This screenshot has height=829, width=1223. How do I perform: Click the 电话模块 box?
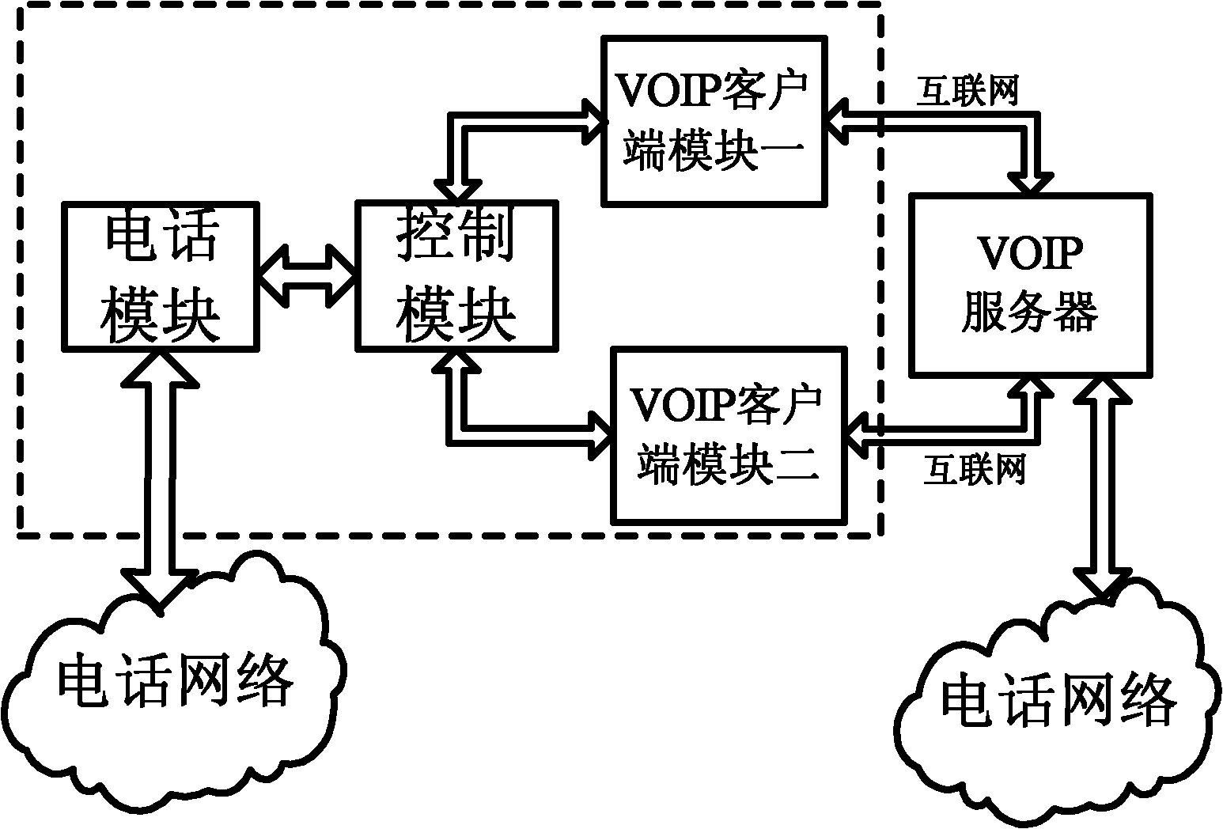click(160, 276)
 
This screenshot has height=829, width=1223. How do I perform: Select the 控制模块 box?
click(457, 276)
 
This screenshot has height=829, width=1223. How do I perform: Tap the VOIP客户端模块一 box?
click(714, 121)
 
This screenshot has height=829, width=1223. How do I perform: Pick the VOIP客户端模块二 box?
click(729, 436)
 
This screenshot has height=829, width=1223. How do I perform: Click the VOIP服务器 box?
click(1031, 285)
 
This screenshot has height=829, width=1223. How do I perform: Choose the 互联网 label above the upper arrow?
click(967, 91)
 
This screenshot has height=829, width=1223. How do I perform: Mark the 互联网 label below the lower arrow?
click(975, 468)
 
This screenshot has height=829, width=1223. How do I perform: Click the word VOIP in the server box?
click(1030, 253)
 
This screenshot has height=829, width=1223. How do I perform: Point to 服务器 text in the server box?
click(1030, 312)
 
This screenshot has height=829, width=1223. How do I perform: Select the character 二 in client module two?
click(797, 464)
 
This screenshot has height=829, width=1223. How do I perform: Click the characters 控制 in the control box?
click(456, 236)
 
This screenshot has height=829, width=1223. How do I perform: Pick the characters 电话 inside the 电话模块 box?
click(161, 236)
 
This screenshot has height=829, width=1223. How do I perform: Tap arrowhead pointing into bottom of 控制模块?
click(456, 362)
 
